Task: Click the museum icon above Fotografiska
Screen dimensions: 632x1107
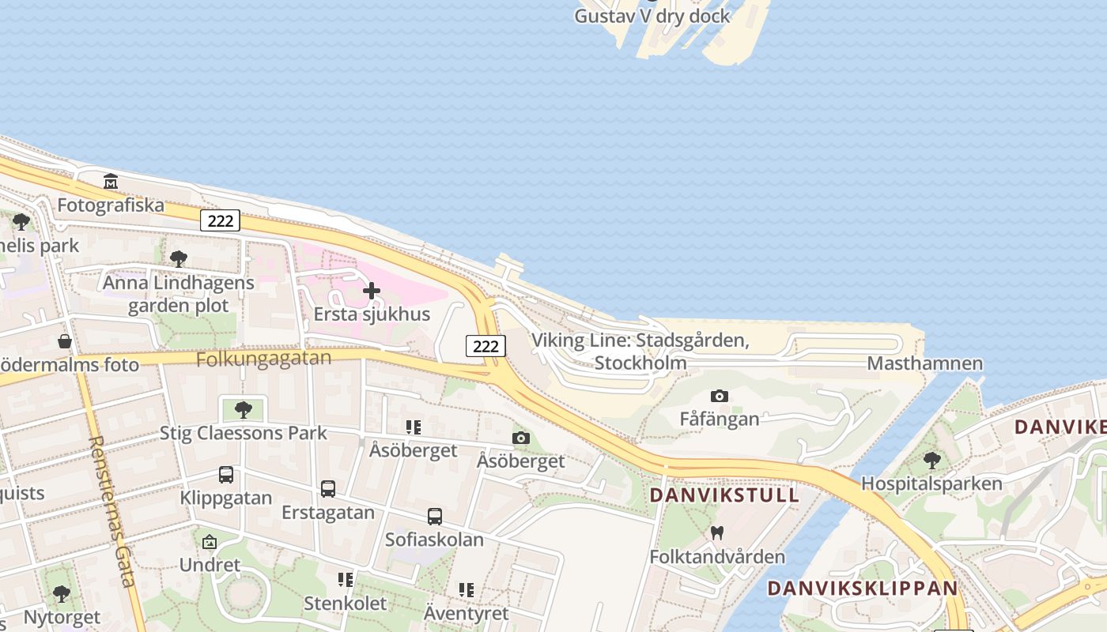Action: (x=111, y=182)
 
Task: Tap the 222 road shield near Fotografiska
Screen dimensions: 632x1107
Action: (x=220, y=220)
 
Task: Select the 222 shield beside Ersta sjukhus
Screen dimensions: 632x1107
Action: (x=485, y=346)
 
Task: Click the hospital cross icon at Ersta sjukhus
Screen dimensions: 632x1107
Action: (x=371, y=291)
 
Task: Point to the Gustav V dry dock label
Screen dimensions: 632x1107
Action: (x=652, y=16)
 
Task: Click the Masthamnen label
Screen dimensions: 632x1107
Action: (x=925, y=363)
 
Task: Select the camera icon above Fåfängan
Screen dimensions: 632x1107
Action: (x=719, y=396)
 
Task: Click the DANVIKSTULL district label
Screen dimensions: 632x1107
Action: (x=724, y=495)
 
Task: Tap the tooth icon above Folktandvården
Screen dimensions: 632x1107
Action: (x=717, y=533)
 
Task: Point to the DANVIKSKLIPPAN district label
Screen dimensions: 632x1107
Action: (x=863, y=588)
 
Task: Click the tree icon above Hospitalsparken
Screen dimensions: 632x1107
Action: (x=932, y=460)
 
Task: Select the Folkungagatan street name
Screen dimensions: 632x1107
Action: (x=263, y=359)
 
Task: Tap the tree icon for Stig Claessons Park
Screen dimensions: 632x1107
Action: (x=244, y=409)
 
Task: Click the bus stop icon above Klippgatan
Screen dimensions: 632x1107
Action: (x=226, y=475)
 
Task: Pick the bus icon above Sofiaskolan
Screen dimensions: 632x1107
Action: (x=434, y=517)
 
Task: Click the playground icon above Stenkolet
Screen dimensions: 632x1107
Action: (x=346, y=581)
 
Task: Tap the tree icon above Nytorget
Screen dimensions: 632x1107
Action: (x=62, y=594)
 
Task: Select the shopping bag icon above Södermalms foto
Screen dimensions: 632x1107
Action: (x=65, y=341)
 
